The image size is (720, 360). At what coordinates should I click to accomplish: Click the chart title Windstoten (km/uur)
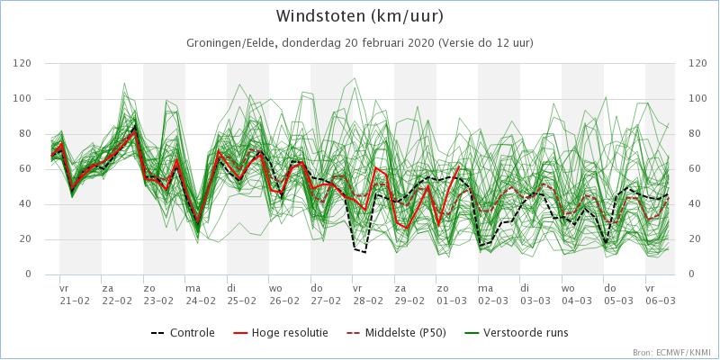click(360, 17)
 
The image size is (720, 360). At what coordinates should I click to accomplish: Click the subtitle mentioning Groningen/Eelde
click(360, 43)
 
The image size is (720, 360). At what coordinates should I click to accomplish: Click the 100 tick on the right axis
click(697, 98)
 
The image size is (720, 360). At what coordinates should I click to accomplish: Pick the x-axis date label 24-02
click(201, 301)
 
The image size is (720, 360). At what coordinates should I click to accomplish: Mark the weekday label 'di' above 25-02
click(231, 289)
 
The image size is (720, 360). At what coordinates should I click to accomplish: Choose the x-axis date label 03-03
click(535, 301)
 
